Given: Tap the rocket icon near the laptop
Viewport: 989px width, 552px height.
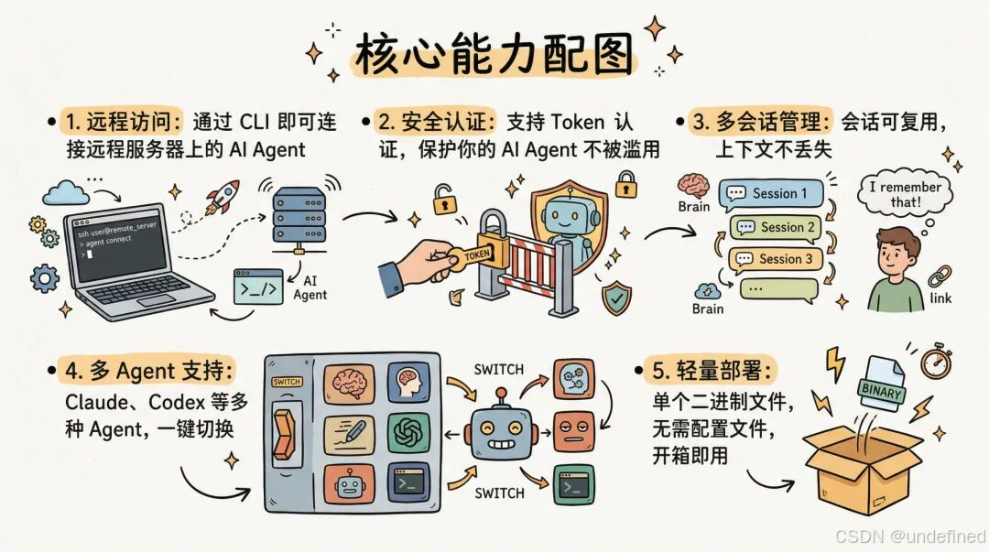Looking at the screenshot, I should point(223,197).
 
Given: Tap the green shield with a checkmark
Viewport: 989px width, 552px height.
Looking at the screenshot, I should point(615,297).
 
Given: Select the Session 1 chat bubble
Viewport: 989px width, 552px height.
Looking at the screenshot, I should point(772,194).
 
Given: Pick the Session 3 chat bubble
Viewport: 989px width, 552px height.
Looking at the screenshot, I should point(777,259).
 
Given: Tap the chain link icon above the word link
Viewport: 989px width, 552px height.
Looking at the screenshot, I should point(940,276).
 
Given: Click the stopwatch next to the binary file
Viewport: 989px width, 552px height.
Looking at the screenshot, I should point(935,362).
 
